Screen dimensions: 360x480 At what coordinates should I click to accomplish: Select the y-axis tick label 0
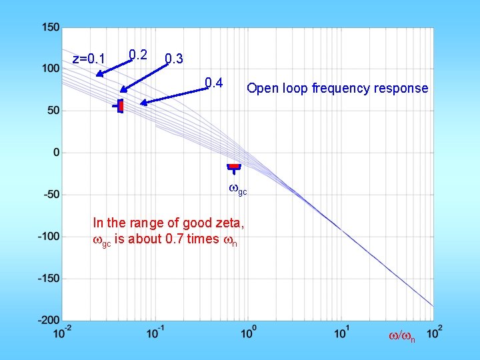(x=56, y=153)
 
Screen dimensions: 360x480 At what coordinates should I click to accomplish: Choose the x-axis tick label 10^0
(x=248, y=332)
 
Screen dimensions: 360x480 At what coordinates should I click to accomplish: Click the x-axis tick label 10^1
(x=341, y=332)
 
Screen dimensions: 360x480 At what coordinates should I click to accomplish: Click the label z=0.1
(x=89, y=59)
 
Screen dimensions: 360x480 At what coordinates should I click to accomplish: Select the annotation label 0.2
(x=138, y=54)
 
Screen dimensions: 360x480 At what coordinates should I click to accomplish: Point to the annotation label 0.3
(x=174, y=59)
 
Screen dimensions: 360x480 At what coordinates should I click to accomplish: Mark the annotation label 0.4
(x=213, y=83)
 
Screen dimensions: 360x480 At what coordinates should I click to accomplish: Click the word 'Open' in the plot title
(x=261, y=88)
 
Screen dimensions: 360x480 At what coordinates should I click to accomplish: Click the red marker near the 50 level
(x=121, y=105)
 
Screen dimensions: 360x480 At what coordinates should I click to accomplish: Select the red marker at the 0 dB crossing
(x=233, y=166)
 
